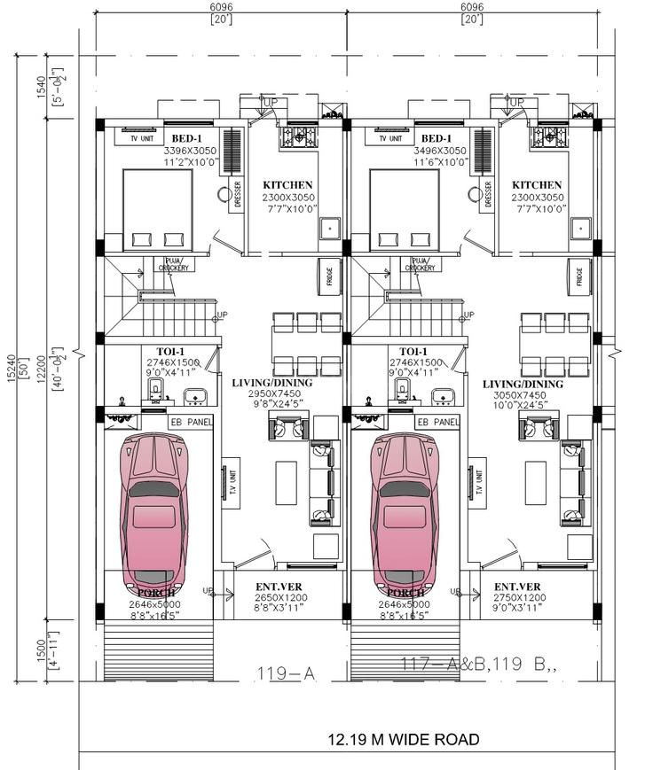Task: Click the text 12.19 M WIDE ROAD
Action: [x=404, y=739]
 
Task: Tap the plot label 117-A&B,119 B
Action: [x=479, y=665]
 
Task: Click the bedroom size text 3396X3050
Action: [x=185, y=152]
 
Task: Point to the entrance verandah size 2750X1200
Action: [x=517, y=598]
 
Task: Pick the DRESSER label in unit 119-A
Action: [x=237, y=195]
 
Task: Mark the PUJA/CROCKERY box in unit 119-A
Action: [x=173, y=264]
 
